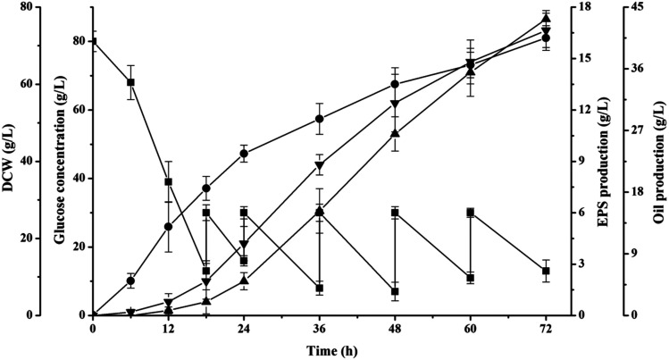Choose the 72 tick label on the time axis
coord(546,329)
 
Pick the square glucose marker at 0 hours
coord(93,41)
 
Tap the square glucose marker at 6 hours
coord(130,82)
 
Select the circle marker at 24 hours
coord(244,154)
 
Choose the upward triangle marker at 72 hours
coord(546,18)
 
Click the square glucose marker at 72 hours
coord(546,271)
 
